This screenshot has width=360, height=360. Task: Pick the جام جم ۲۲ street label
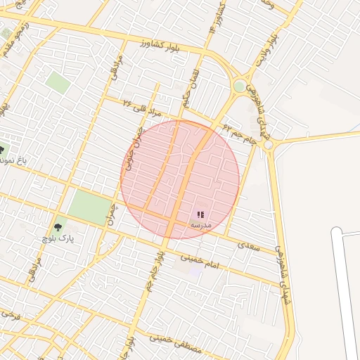pyautogui.click(x=239, y=133)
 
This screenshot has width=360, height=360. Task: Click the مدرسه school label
pyautogui.click(x=200, y=224)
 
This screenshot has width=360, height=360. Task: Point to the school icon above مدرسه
pyautogui.click(x=200, y=214)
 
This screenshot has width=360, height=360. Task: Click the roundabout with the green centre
pyautogui.click(x=240, y=86)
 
